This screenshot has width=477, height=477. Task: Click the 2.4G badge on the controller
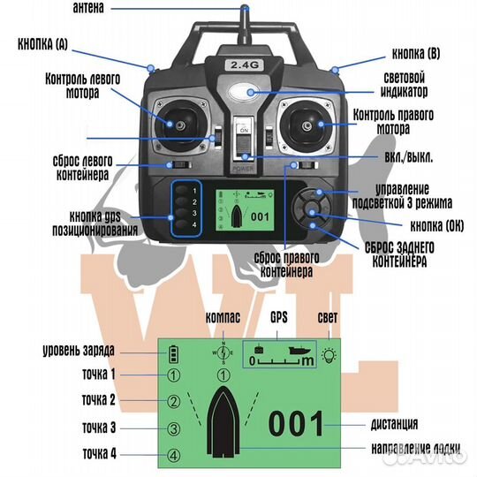tap(245, 64)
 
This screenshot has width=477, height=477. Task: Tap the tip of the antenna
tap(245, 6)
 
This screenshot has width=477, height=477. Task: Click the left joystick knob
tap(181, 125)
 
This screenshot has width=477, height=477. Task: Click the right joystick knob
tap(307, 125)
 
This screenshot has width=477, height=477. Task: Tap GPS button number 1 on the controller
tap(182, 191)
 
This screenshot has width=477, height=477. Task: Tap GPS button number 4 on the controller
tap(182, 225)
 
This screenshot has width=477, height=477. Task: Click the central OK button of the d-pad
tap(312, 208)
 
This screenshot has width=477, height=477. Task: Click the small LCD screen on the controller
tap(245, 210)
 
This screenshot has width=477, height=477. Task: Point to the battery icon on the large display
tap(174, 354)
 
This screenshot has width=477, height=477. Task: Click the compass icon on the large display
tap(223, 352)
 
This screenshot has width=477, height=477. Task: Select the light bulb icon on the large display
tap(329, 355)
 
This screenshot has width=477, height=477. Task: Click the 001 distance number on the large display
tap(296, 423)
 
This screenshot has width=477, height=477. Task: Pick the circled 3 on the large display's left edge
tap(173, 428)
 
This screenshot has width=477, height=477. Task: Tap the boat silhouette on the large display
tap(223, 421)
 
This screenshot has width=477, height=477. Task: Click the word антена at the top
tap(88, 8)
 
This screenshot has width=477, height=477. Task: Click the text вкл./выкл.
tap(409, 157)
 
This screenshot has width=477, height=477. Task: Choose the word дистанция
tap(394, 424)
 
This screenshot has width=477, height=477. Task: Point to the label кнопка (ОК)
tap(437, 226)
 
